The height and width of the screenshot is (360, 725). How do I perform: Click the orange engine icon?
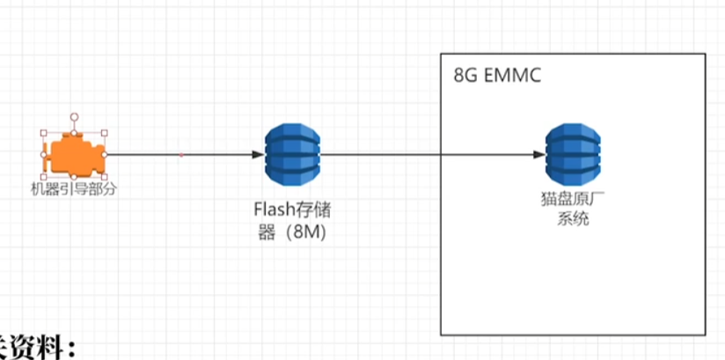73,155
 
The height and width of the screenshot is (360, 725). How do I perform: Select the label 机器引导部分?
74,188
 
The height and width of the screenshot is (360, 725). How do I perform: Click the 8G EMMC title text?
498,75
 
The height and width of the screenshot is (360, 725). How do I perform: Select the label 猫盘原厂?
572,199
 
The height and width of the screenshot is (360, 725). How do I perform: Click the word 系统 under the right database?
572,219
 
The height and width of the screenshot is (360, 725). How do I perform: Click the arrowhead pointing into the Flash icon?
258,155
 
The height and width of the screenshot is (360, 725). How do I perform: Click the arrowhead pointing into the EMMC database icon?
538,155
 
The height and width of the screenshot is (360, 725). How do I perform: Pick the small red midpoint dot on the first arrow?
181,155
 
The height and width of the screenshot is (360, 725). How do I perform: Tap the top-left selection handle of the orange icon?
43,134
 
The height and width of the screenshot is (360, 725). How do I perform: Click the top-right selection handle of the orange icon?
105,134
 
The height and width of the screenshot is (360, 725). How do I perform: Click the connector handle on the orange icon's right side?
105,155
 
